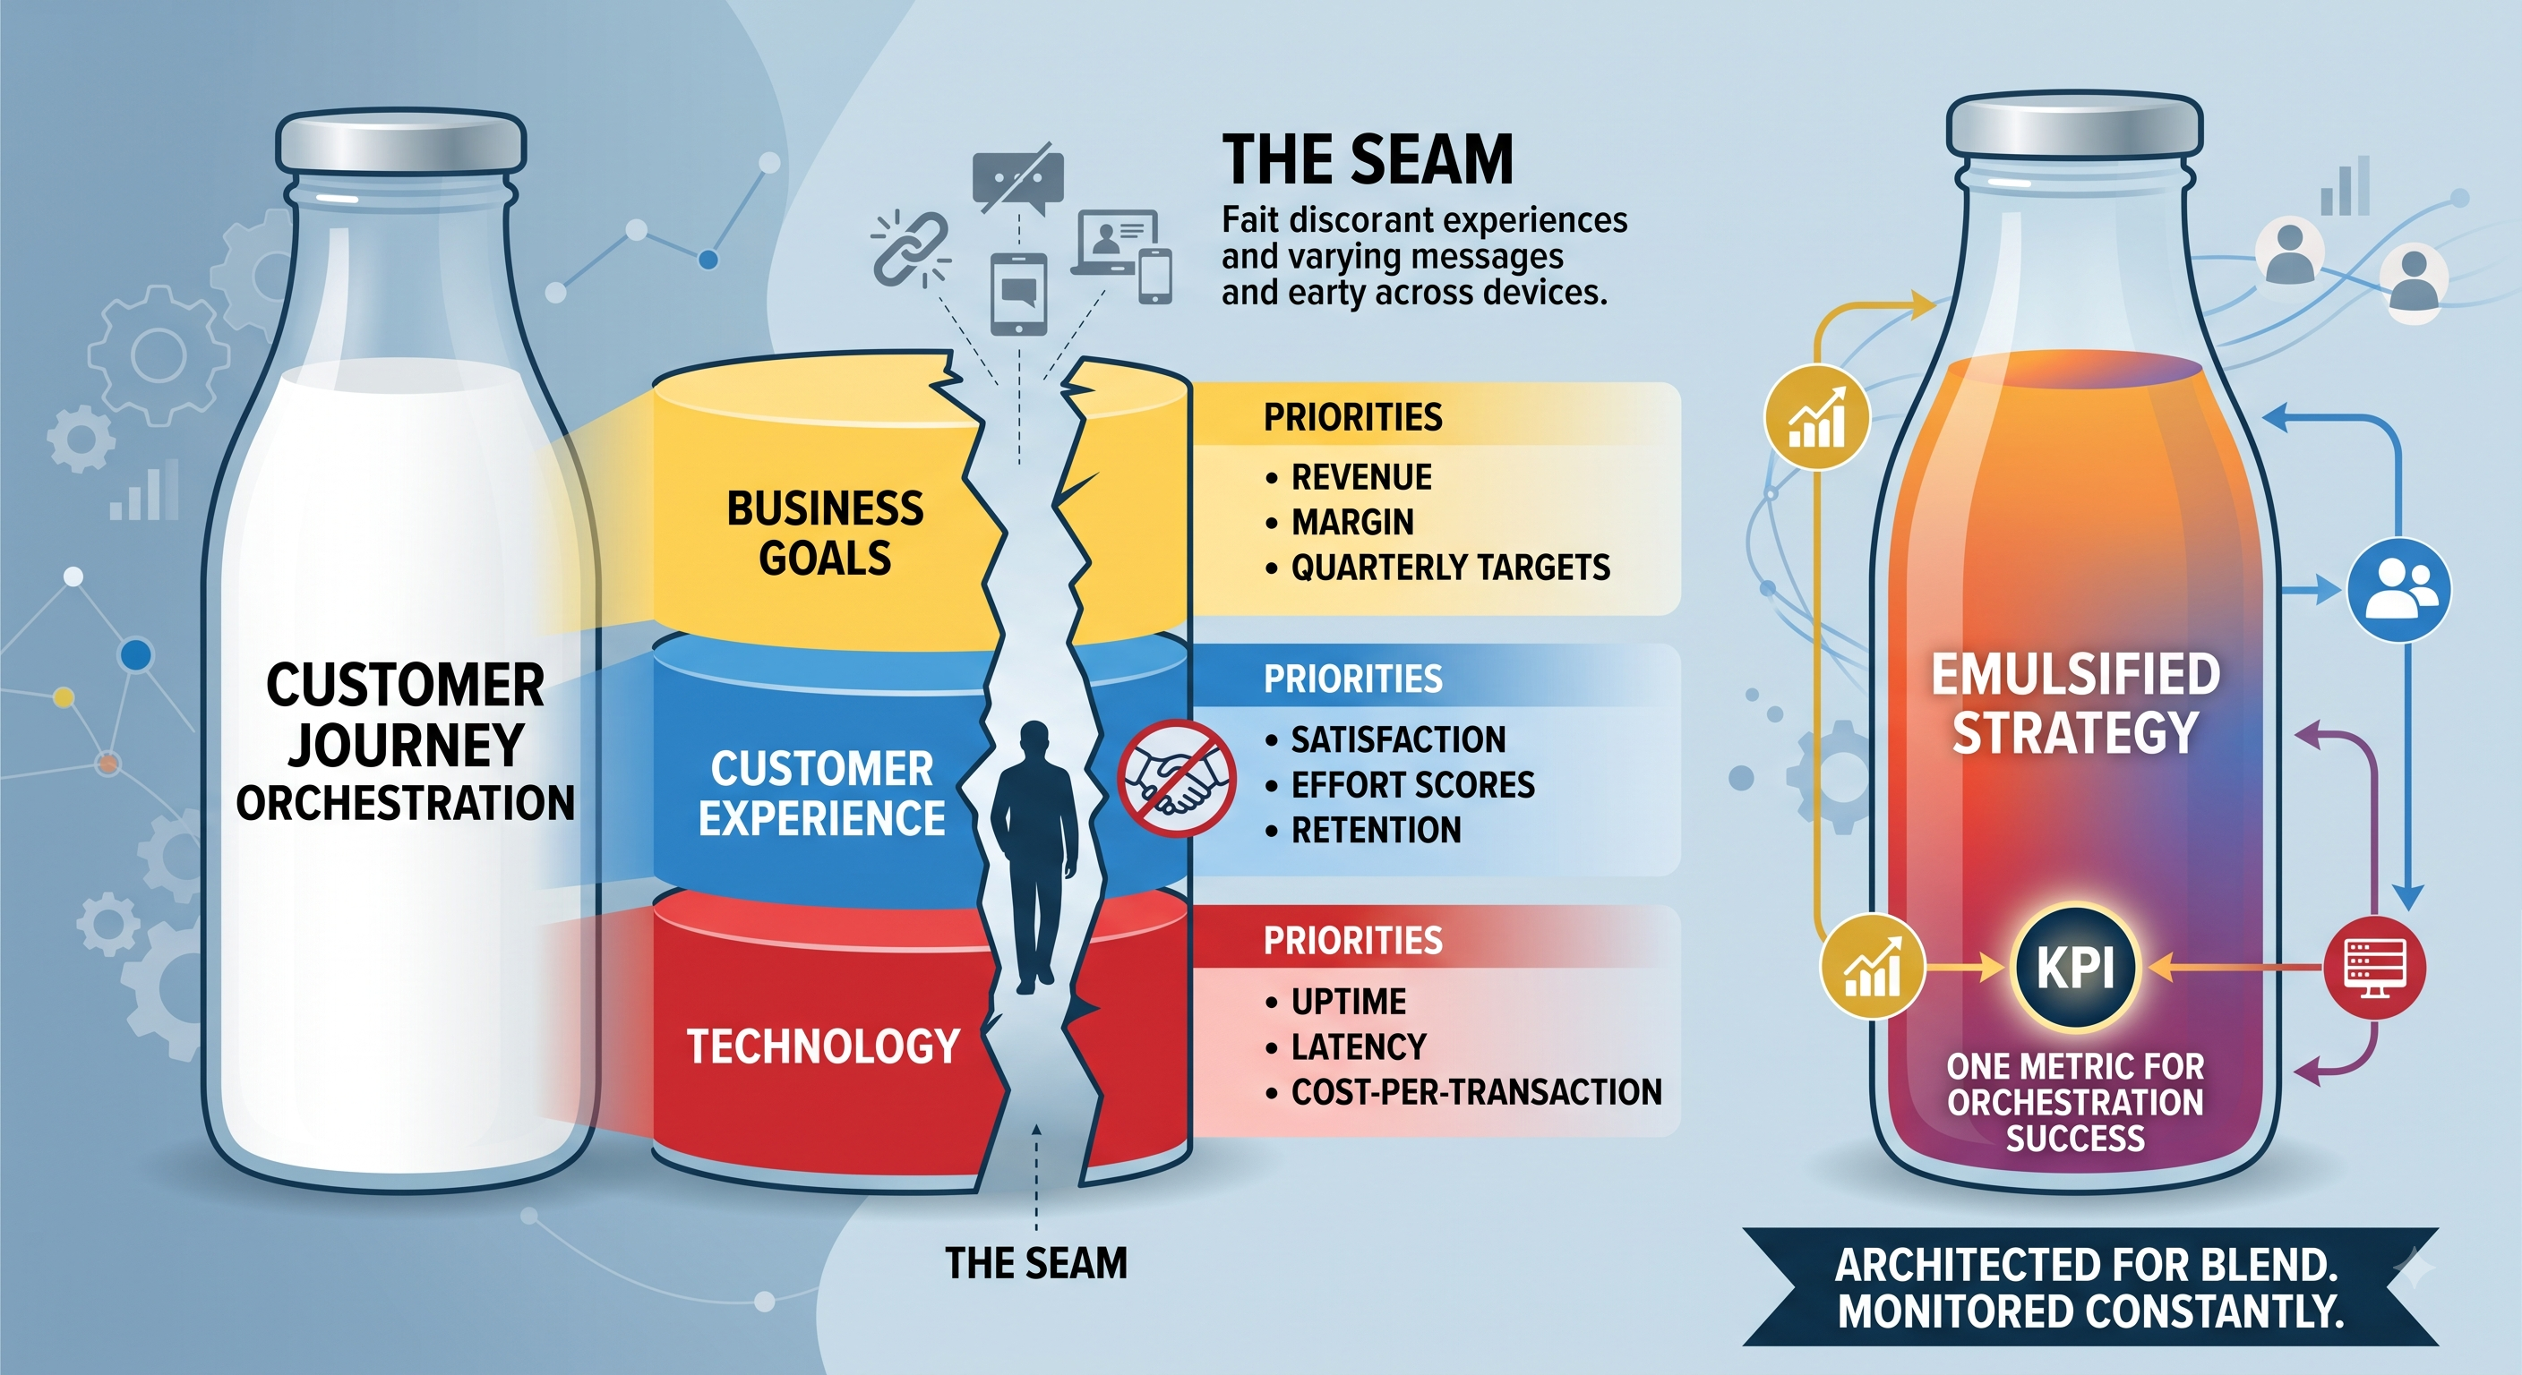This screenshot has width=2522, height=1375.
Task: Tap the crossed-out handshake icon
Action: click(1177, 778)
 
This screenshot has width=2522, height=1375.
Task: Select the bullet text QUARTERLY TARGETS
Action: click(1450, 568)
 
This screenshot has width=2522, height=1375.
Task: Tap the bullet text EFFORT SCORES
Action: click(1412, 785)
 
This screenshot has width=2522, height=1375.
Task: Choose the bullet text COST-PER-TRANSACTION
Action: click(1476, 1092)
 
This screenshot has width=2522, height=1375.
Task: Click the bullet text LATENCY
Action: click(1358, 1047)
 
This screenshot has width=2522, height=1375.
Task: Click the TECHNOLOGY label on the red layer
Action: click(823, 1046)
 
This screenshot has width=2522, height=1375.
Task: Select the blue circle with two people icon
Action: click(2399, 590)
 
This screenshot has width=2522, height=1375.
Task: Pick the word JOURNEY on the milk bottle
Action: click(406, 746)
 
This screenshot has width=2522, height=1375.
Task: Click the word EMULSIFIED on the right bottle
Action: click(2076, 674)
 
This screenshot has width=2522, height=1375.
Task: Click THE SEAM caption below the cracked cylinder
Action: click(1036, 1263)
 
